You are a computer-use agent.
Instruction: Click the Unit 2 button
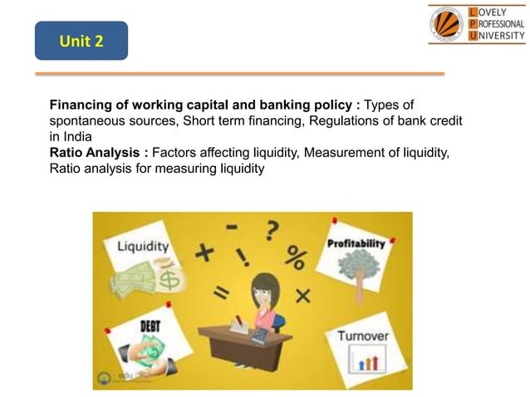pos(81,41)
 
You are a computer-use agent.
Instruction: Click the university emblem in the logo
pos(448,24)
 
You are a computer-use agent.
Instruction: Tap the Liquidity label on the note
pos(143,246)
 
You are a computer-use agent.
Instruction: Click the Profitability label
pos(356,244)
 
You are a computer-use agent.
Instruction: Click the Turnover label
pos(363,336)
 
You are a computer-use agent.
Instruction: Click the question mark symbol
pos(271,228)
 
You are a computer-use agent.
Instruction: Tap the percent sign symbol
pos(294,257)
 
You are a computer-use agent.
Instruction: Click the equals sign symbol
pos(222,292)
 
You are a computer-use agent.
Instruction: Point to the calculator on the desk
pos(260,334)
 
